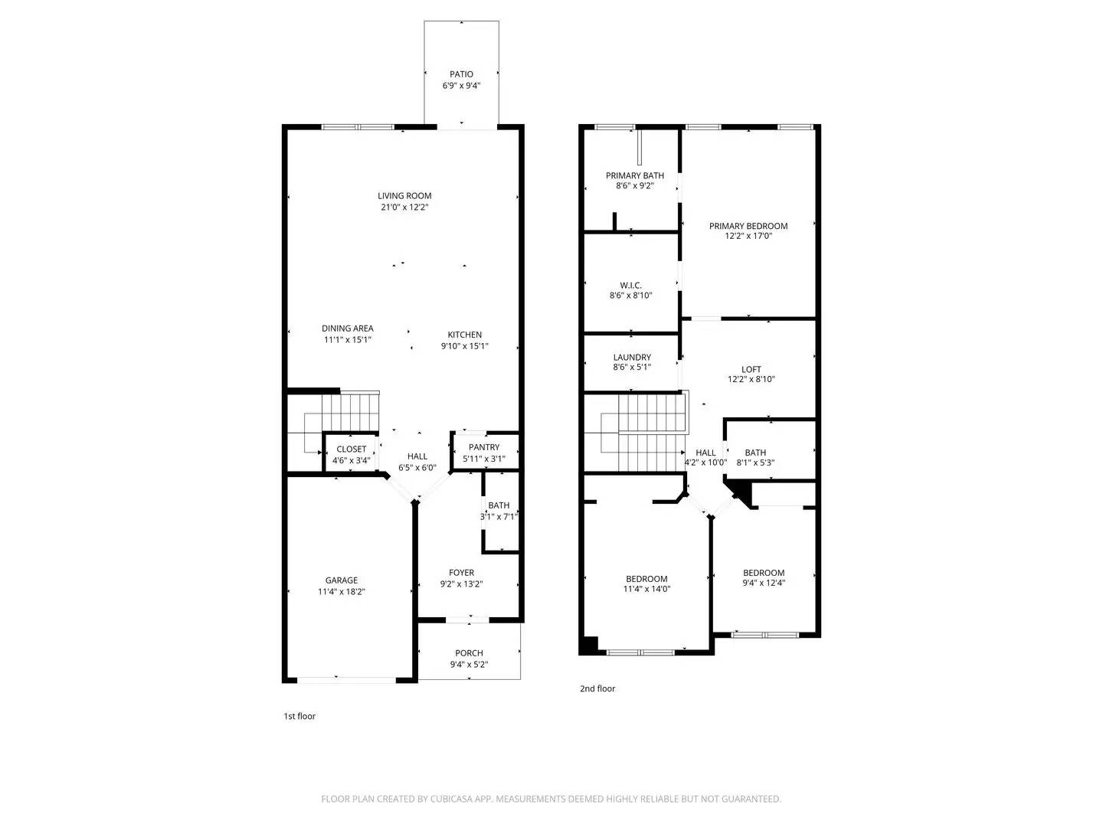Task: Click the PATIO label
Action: (x=461, y=74)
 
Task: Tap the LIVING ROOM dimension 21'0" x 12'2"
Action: (x=404, y=208)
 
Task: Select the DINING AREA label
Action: (x=348, y=329)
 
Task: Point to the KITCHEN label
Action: (x=465, y=335)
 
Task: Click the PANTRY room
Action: (x=484, y=453)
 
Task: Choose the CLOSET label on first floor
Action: (x=352, y=449)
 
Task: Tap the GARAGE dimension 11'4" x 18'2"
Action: (x=341, y=592)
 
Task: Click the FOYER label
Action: (x=461, y=573)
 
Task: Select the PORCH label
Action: (x=469, y=653)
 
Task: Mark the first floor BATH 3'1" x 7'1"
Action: (x=499, y=511)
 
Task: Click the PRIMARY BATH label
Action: (x=635, y=175)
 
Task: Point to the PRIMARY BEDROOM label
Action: (x=748, y=226)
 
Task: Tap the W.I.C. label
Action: (x=631, y=286)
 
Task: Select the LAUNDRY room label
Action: (x=632, y=358)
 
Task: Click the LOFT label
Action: (x=751, y=369)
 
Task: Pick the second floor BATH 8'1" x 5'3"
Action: (x=755, y=457)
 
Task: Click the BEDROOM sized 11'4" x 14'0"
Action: (x=647, y=583)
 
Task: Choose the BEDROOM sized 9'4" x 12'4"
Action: (x=764, y=577)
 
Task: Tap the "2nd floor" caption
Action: (x=597, y=688)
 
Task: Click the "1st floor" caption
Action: (x=299, y=716)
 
